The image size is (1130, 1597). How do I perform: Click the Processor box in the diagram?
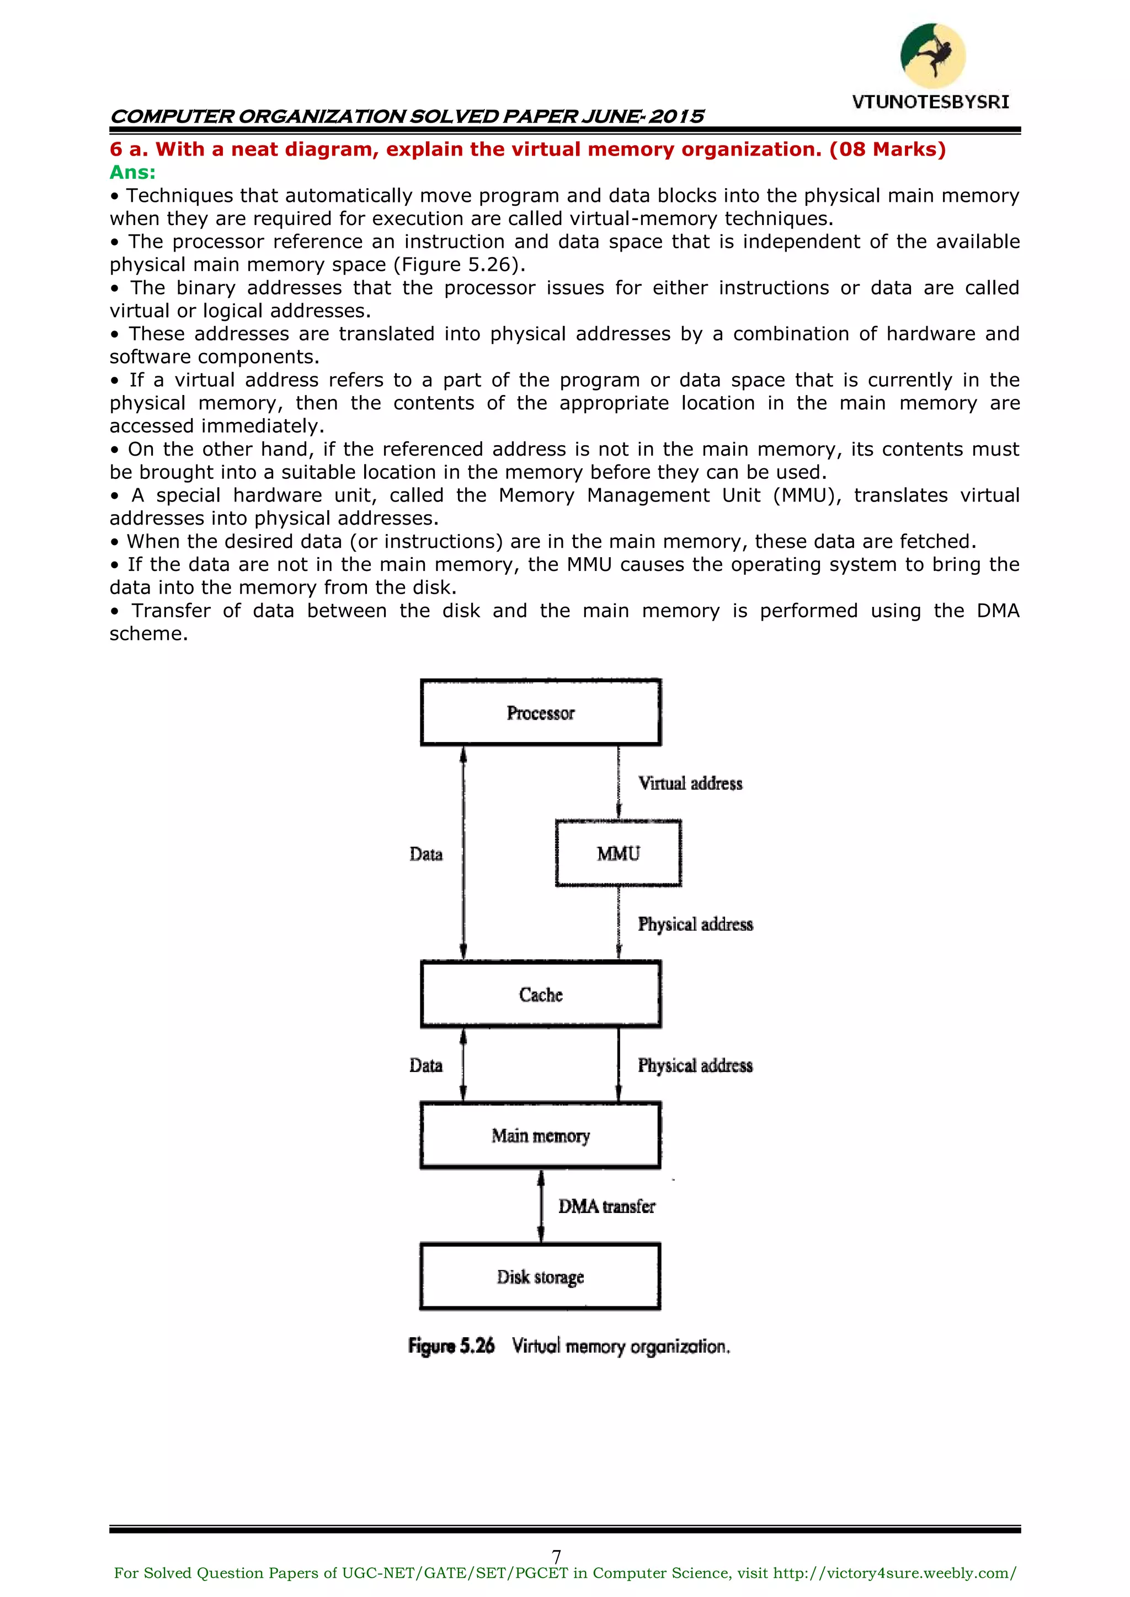click(x=541, y=712)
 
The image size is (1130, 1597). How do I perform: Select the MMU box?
click(x=618, y=853)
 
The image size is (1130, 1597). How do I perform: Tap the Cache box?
click(x=541, y=994)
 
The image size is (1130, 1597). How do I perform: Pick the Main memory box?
click(x=541, y=1135)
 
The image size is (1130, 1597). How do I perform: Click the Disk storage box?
click(x=541, y=1276)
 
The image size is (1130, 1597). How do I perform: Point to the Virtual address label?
click(x=690, y=783)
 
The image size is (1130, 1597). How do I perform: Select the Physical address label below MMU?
click(x=695, y=925)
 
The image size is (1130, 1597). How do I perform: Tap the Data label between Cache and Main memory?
click(x=426, y=1065)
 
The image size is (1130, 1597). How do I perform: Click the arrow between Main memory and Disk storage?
click(x=541, y=1205)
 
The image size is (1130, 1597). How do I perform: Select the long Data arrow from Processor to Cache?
click(x=463, y=853)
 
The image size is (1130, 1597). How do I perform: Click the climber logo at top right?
click(x=932, y=56)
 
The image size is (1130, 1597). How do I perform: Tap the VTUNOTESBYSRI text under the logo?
click(x=930, y=102)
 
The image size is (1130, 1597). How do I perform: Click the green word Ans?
click(x=132, y=173)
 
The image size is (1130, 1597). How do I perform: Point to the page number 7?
click(x=556, y=1557)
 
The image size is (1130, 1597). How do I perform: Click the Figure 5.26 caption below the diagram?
click(x=568, y=1346)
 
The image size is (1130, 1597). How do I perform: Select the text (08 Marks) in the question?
click(x=887, y=149)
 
